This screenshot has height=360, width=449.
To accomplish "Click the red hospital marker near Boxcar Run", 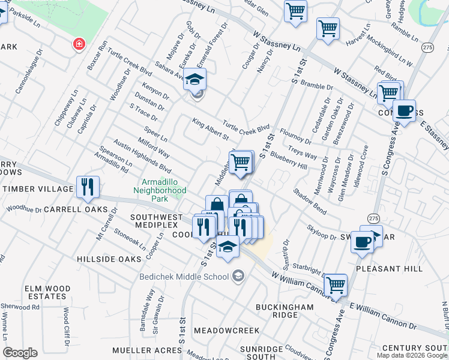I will coord(77,44).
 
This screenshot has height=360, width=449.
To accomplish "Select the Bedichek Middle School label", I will coord(184,277).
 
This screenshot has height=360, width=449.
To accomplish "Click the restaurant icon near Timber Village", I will coord(88,187).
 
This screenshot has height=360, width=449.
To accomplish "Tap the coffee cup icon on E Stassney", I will coord(405,111).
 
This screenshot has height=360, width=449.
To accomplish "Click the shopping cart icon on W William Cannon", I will coord(335,284).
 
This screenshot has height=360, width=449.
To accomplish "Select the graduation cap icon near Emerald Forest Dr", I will coord(194,79).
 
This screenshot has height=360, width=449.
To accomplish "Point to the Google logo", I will coord(20,353).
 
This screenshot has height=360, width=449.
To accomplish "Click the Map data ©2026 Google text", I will coord(411,355).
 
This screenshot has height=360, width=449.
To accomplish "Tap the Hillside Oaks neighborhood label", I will coord(109,259).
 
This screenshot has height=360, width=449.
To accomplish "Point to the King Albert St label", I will coord(211,129).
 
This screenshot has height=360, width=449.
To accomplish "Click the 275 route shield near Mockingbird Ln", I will coord(427,47).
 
